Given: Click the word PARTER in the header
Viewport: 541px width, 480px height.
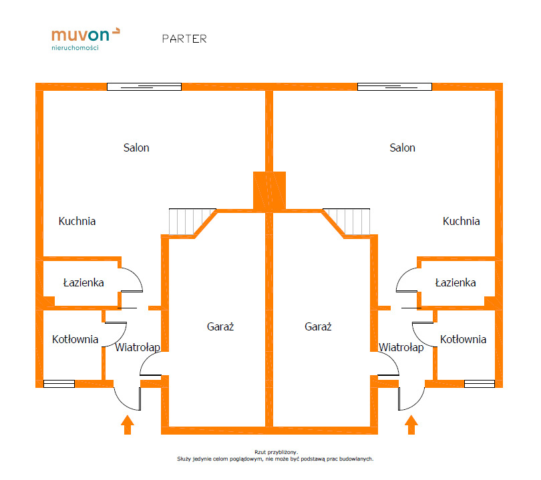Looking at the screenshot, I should (x=184, y=39).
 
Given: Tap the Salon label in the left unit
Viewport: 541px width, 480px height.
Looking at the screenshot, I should (x=136, y=148).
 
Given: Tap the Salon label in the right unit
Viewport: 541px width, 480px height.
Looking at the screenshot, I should (x=402, y=148).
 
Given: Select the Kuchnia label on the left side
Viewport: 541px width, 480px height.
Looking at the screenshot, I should (x=77, y=221).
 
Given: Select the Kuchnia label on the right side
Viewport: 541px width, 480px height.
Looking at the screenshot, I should (x=461, y=221).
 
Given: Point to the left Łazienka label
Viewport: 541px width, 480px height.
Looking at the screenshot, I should (x=83, y=282).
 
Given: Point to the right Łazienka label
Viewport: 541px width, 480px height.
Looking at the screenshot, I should (x=455, y=282).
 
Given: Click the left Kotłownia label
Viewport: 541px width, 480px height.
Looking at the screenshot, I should (x=75, y=339).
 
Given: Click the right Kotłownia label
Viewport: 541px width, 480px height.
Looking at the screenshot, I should (x=463, y=339).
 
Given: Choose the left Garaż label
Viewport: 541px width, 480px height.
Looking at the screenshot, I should (x=220, y=327).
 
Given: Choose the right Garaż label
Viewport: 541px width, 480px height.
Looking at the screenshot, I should (x=318, y=327).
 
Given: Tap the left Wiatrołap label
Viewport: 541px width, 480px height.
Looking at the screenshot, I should (x=137, y=347).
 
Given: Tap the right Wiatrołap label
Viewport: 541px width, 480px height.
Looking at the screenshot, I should (x=401, y=347).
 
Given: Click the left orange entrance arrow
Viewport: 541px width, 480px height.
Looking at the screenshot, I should (x=128, y=425).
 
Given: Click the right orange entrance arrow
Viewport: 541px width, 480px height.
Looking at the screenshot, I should (x=411, y=425).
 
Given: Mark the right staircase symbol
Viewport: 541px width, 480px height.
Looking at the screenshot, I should (x=351, y=222).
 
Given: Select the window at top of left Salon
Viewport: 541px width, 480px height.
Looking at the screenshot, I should (x=144, y=86).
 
